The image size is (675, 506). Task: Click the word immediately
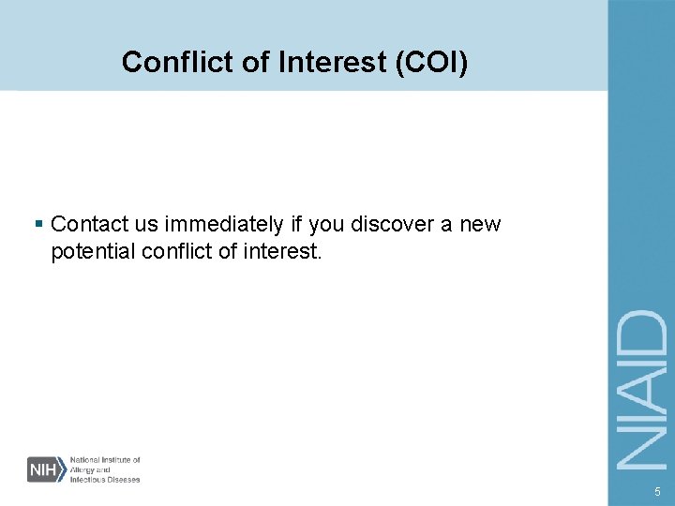tap(226, 225)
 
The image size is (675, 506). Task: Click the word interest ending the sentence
tap(281, 251)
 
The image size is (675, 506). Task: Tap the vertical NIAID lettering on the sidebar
tap(642, 390)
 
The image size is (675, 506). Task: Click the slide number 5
tap(657, 491)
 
